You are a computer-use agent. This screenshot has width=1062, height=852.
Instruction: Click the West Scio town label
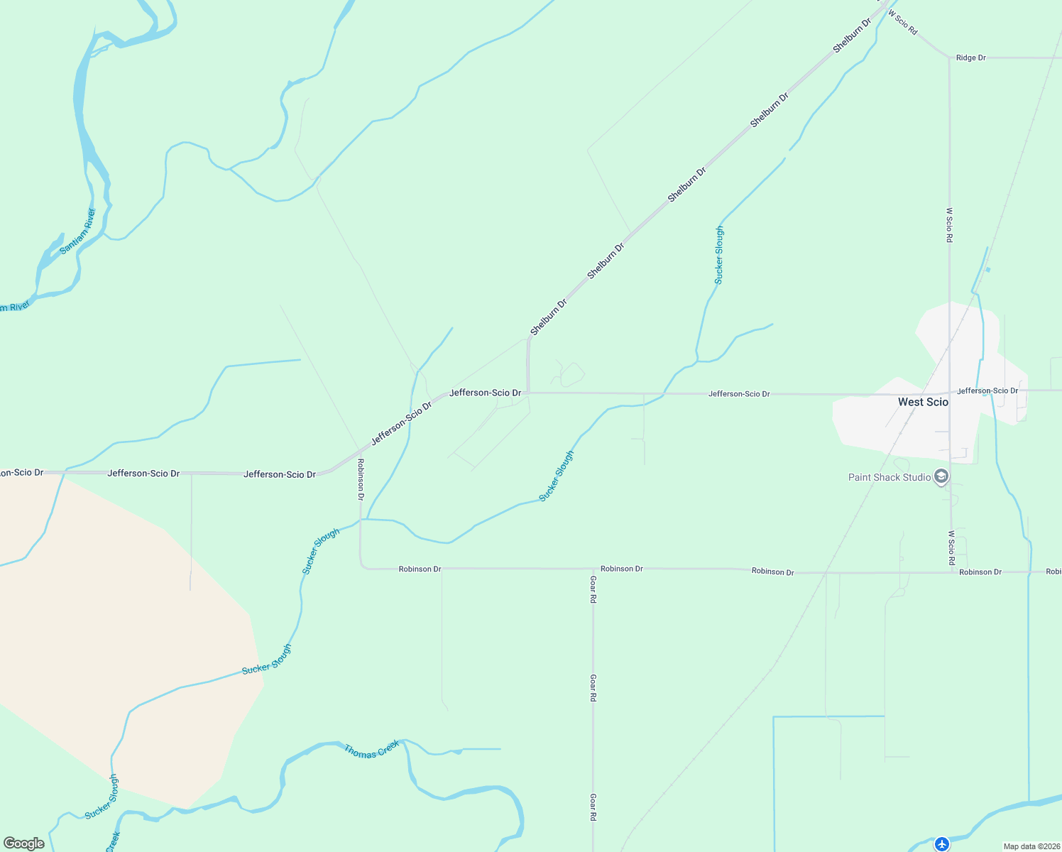coord(923,402)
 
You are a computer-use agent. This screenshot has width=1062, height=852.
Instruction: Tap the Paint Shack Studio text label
coord(889,477)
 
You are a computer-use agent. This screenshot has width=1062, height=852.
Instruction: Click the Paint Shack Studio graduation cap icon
coord(941,477)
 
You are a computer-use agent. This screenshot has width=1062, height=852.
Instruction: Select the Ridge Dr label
coord(970,58)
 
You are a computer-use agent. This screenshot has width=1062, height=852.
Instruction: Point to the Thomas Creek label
coord(371,750)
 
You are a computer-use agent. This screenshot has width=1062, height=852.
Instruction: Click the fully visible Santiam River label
coord(77,231)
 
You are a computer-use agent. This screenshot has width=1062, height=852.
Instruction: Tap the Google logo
coord(24,843)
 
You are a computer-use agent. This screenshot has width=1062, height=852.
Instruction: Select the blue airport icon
coord(942,844)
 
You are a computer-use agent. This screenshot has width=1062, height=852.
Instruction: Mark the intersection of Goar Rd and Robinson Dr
coord(593,569)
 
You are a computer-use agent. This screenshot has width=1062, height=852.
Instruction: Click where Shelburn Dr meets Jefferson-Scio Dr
coord(528,393)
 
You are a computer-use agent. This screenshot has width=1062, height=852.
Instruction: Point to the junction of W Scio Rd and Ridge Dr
coord(949,58)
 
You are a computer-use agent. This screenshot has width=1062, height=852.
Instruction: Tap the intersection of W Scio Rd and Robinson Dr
coord(951,572)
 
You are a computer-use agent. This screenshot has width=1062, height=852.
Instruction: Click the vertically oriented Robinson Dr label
coord(361,479)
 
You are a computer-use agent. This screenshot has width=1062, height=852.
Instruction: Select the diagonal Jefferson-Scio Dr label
coord(401,423)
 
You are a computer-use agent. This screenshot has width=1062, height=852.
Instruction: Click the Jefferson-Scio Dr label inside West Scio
coord(987,390)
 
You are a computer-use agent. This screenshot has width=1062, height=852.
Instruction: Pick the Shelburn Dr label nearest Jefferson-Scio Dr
coord(549,317)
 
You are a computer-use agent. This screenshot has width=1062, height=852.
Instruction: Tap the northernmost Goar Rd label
coord(593,589)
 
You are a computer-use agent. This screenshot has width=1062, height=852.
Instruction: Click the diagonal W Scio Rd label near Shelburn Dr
coord(902,23)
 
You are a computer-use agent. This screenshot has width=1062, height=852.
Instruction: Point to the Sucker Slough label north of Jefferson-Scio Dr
coord(719,255)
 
